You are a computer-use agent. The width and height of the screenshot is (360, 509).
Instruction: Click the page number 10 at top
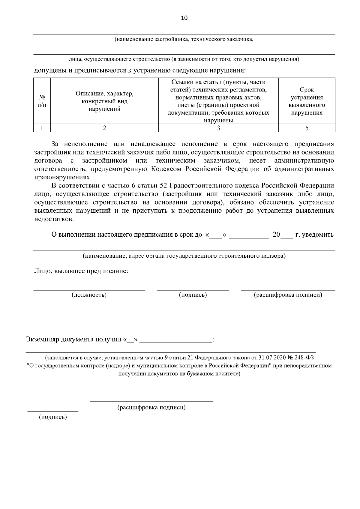184,18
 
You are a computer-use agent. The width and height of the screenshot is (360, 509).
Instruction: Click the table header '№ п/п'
42,101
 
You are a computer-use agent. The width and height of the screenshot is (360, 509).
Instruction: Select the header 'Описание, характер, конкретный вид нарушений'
104,101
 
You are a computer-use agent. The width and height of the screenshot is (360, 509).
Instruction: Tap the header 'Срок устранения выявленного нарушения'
307,101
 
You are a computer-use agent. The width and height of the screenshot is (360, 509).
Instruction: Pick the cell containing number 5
307,128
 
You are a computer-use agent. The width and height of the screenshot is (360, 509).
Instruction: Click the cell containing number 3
218,128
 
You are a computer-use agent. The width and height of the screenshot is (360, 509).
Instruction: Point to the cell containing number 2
104,128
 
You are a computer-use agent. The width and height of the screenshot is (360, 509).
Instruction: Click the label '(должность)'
89,295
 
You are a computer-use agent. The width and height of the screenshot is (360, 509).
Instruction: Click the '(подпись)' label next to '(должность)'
193,295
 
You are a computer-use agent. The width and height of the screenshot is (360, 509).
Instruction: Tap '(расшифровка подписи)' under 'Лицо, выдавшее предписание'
288,295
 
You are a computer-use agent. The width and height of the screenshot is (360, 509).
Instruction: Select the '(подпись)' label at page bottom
53,417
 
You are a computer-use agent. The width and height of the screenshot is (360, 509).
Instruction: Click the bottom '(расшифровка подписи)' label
151,408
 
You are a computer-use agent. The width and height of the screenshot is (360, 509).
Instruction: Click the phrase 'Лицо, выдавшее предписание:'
81,271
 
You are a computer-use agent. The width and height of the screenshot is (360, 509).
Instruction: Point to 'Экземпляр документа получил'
74,340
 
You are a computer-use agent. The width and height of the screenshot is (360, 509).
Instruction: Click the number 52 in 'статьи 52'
160,186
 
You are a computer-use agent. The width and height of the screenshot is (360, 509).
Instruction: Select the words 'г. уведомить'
314,235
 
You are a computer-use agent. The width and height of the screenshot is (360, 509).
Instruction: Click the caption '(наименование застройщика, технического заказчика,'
184,39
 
